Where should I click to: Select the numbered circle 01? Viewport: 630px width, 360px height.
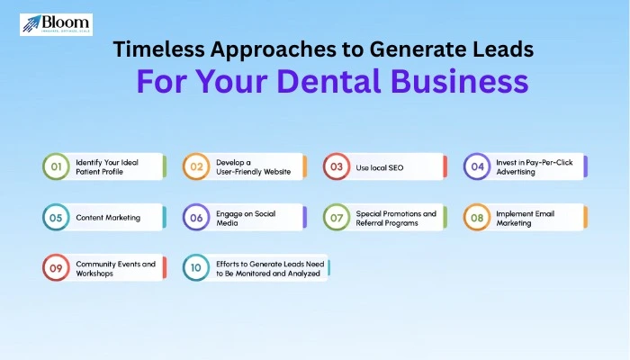click(x=56, y=166)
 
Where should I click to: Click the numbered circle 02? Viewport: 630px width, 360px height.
click(x=195, y=166)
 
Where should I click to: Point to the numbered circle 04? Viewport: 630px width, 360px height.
click(x=476, y=166)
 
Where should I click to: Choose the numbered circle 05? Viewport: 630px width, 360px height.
click(x=56, y=217)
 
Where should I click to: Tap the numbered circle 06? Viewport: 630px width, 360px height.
click(x=195, y=217)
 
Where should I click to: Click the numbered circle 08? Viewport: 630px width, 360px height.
click(x=476, y=217)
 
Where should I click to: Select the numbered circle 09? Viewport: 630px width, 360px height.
click(x=56, y=267)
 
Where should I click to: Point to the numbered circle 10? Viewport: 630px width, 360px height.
click(x=195, y=267)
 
